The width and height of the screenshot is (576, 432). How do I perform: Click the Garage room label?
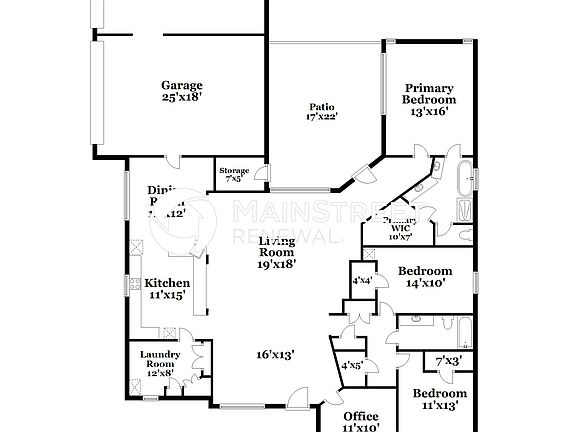[x=182, y=85]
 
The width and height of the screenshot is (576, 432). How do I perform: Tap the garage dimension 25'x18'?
[x=182, y=98]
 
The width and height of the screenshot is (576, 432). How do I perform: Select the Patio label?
[x=321, y=106]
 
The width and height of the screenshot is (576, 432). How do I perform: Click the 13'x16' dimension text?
[x=429, y=112]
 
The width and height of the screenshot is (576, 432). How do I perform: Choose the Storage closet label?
[x=234, y=171]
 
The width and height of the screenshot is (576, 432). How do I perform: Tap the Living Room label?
[x=277, y=247]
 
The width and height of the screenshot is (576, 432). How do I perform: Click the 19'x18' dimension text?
[x=277, y=264]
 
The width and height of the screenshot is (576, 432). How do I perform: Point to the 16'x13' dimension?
[x=275, y=354]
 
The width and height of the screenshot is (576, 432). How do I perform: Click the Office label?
[x=360, y=416]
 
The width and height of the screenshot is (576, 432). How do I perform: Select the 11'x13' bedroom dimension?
[x=440, y=406]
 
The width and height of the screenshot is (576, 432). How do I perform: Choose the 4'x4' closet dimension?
[x=362, y=281]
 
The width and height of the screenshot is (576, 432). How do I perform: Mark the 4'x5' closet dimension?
[x=352, y=365]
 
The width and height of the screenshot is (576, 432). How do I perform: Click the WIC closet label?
[x=400, y=228]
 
